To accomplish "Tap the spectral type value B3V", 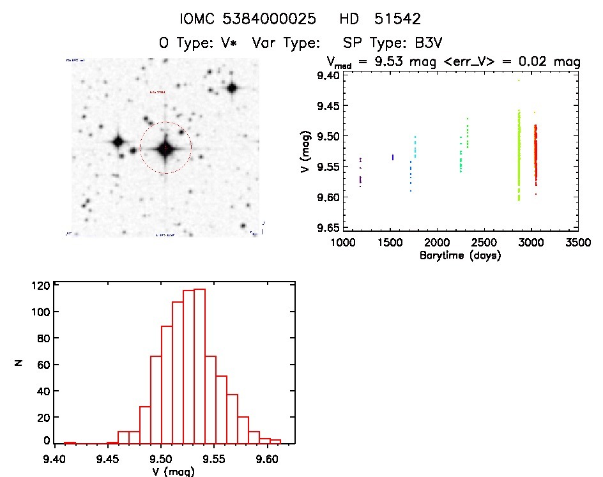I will pyautogui.click(x=426, y=43).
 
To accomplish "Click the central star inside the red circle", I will pyautogui.click(x=165, y=149).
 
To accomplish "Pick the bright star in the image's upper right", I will pyautogui.click(x=231, y=88).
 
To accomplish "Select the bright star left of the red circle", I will pyautogui.click(x=118, y=142).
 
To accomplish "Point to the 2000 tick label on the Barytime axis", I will pyautogui.click(x=437, y=243).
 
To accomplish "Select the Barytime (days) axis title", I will pyautogui.click(x=460, y=255).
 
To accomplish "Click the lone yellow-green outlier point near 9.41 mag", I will pyautogui.click(x=519, y=80).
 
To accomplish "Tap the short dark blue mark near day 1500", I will pyautogui.click(x=392, y=157).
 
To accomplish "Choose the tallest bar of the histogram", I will pyautogui.click(x=199, y=366).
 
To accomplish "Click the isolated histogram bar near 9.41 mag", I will pyautogui.click(x=70, y=443).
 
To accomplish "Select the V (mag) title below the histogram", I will pyautogui.click(x=174, y=471).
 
